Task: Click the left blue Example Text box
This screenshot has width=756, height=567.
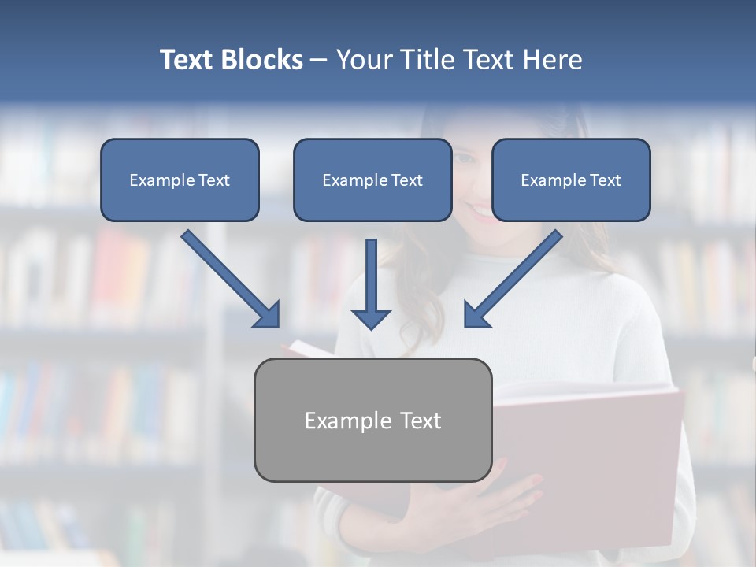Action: click(x=180, y=180)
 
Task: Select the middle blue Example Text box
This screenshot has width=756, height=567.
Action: click(x=372, y=180)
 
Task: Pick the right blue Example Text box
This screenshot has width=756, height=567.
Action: click(x=571, y=180)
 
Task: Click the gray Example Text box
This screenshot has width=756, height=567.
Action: click(x=372, y=420)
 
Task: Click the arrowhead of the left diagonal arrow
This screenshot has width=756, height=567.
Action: click(x=268, y=315)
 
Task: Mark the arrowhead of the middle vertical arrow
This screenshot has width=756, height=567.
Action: click(x=371, y=318)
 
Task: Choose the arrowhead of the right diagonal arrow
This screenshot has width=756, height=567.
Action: click(x=476, y=315)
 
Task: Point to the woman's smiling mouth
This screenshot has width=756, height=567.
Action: click(x=478, y=210)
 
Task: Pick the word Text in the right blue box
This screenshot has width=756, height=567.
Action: click(x=605, y=180)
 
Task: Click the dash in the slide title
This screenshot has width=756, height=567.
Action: click(x=319, y=60)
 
